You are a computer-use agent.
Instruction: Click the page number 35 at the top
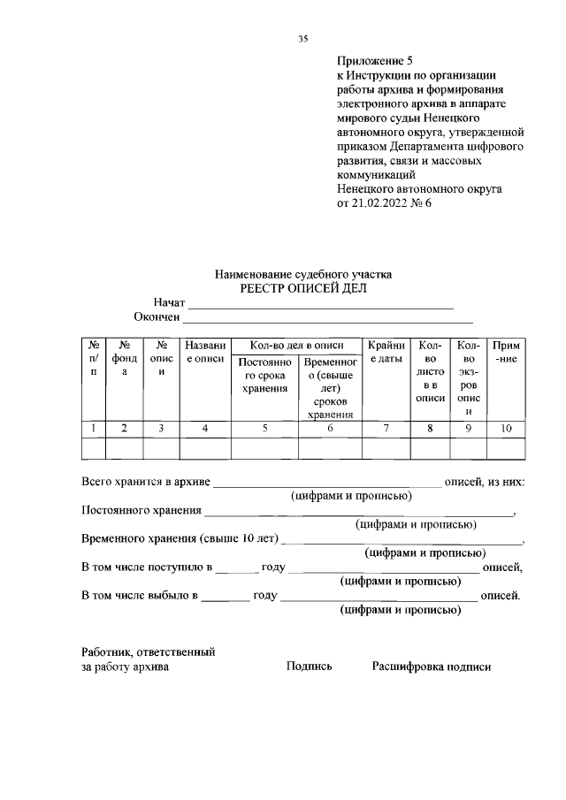302,38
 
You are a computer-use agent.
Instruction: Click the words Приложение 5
375,61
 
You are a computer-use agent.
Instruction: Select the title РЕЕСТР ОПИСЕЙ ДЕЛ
302,288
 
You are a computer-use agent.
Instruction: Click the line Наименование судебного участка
302,275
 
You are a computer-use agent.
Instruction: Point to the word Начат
168,303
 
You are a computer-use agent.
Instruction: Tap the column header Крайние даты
386,353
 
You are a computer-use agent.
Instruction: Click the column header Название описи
204,353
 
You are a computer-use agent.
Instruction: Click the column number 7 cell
386,429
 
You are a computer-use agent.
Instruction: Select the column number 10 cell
506,429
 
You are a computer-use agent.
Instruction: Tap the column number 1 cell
93,429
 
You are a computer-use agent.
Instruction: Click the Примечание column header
506,353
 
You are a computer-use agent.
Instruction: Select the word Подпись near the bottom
309,667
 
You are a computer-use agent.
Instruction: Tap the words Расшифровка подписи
431,667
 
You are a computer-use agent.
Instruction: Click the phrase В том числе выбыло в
139,595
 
